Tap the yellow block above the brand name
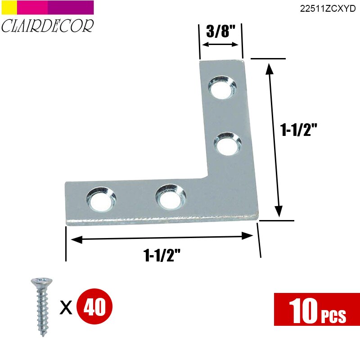point(9,7)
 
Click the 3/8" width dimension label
point(220,32)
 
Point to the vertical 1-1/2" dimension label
point(299,130)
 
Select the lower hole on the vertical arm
point(226,144)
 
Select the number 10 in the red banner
point(302,310)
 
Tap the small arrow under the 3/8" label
point(220,45)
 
